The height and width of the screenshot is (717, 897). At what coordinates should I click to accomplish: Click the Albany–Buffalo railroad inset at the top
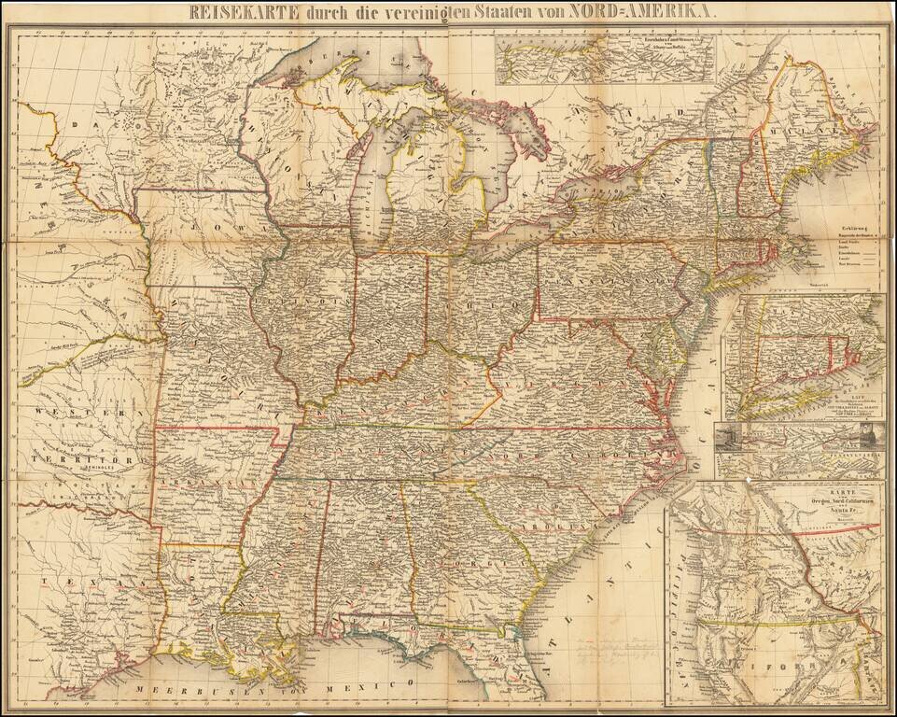pos(607,58)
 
